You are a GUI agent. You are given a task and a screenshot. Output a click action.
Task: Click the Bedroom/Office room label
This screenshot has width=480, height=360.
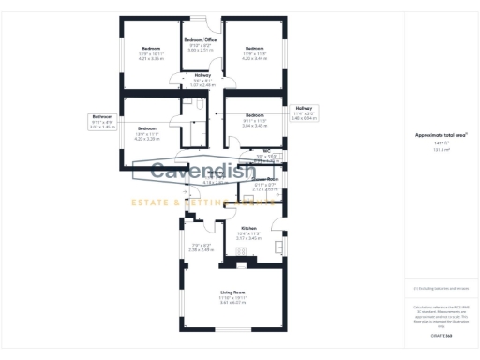(x=202, y=40)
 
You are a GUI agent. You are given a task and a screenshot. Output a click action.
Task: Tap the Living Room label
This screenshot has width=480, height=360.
(x=232, y=292)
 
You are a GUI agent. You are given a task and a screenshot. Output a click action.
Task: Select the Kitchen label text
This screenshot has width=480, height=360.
(x=248, y=228)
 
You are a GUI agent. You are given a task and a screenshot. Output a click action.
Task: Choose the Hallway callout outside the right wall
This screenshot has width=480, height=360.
(x=305, y=109)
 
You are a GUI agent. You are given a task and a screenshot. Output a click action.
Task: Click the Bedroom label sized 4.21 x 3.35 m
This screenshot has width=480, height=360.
(x=151, y=49)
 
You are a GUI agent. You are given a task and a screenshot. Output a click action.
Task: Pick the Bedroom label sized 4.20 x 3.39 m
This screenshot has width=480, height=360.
(x=146, y=127)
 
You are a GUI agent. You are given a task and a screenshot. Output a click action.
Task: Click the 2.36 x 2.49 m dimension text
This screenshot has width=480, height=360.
(x=202, y=249)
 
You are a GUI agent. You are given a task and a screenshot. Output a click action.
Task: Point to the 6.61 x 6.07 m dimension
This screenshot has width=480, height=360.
(x=232, y=302)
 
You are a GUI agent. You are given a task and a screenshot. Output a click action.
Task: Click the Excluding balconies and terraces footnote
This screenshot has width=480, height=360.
(x=435, y=289)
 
